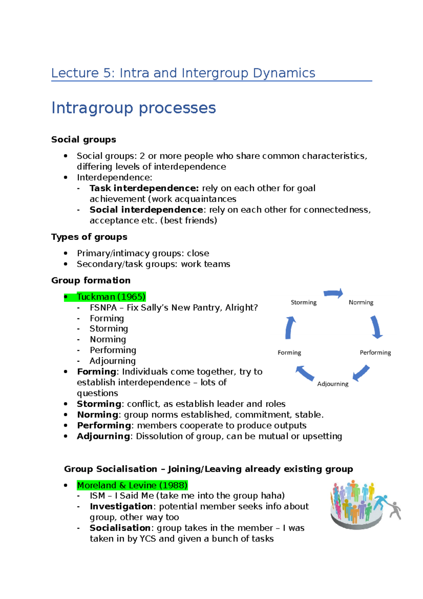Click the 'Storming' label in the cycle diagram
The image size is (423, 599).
click(x=304, y=302)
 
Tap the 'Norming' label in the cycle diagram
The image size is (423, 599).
click(x=361, y=302)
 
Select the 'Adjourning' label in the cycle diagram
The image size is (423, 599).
click(x=332, y=384)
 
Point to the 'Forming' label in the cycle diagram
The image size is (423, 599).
click(x=289, y=352)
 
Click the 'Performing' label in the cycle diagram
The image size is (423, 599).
click(x=375, y=352)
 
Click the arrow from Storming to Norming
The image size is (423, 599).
click(x=333, y=293)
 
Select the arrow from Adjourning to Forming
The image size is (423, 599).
click(x=305, y=373)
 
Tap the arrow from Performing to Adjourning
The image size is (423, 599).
click(x=361, y=373)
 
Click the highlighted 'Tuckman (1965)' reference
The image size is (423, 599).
click(x=111, y=297)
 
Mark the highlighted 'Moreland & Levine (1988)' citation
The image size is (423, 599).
click(x=132, y=485)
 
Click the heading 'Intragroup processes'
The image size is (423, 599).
click(x=134, y=108)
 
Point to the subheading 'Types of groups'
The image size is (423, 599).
click(x=89, y=237)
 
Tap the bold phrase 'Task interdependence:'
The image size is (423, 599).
click(x=144, y=188)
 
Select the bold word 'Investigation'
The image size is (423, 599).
click(x=121, y=507)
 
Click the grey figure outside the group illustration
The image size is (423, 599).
click(x=396, y=510)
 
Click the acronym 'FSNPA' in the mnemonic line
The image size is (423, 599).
click(x=103, y=308)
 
